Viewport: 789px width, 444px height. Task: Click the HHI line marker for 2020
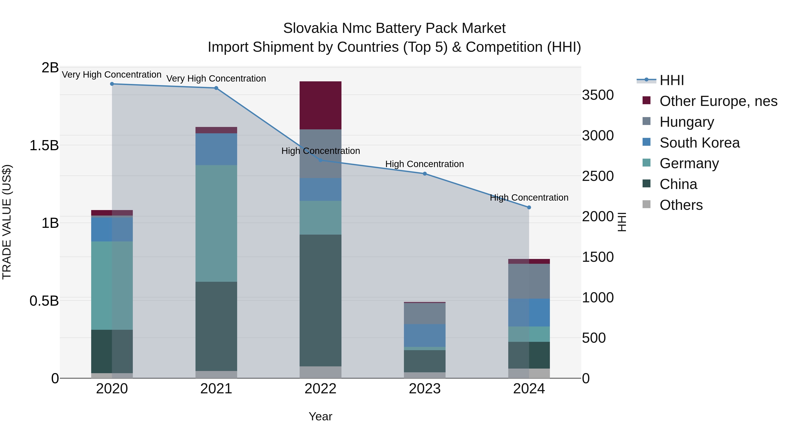(112, 84)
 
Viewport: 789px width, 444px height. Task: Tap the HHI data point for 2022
(320, 160)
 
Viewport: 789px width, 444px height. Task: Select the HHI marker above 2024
(529, 207)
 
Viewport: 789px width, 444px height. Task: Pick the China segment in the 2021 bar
(216, 326)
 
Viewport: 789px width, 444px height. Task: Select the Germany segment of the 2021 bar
(216, 223)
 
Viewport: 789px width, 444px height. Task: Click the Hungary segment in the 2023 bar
(425, 314)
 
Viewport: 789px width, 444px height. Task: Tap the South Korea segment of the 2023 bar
(425, 335)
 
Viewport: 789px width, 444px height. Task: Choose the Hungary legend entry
(686, 122)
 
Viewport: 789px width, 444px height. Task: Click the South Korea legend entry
(699, 143)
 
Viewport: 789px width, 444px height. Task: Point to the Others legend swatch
(646, 204)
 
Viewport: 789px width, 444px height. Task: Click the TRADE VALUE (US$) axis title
(7, 222)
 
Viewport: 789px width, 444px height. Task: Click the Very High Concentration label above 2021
(216, 79)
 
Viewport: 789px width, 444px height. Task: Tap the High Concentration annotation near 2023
(425, 164)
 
